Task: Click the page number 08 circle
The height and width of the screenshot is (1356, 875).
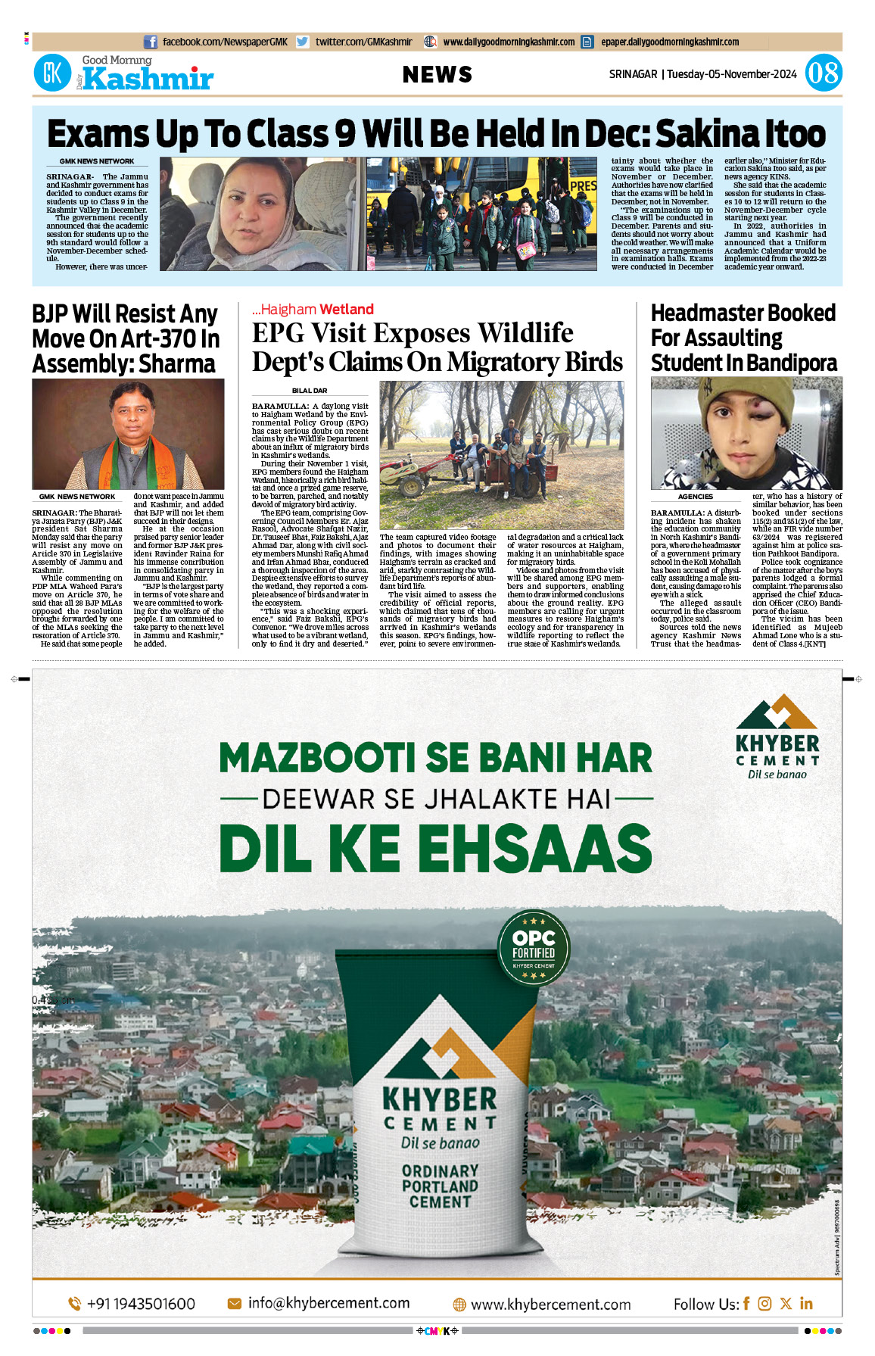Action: [823, 73]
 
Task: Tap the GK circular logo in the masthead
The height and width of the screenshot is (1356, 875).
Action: [52, 73]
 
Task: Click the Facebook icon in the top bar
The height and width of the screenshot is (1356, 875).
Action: [151, 42]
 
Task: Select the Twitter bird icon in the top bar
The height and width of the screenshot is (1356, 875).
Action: [303, 42]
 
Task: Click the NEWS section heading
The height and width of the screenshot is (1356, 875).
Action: [437, 74]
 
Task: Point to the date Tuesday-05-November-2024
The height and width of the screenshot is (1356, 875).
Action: [731, 74]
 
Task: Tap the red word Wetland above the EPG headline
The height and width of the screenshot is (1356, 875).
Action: [346, 309]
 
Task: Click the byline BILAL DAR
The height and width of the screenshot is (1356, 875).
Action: [310, 391]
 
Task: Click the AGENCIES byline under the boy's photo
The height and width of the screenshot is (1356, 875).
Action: [695, 497]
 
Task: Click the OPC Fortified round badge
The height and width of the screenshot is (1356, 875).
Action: [534, 947]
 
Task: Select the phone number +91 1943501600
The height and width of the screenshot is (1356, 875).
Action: [141, 1304]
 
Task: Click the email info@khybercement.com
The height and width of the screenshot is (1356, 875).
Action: [329, 1303]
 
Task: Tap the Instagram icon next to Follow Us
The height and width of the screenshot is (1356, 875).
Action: [764, 1303]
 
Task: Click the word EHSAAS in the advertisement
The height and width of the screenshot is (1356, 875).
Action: [534, 847]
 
